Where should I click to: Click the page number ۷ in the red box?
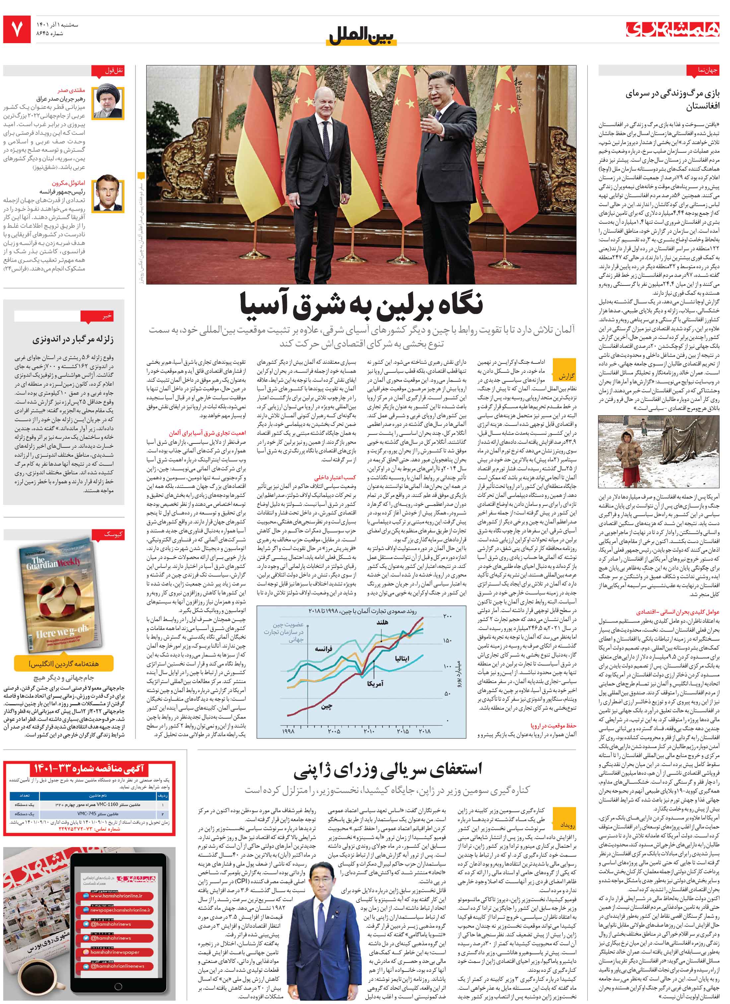tap(17, 29)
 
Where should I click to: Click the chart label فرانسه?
tap(323, 650)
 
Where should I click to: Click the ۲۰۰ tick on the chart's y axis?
tap(447, 617)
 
